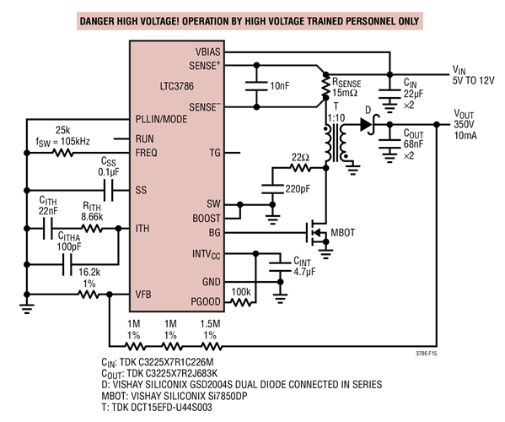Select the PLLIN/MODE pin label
click(164, 119)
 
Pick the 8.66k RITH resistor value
click(92, 217)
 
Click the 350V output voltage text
click(465, 124)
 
